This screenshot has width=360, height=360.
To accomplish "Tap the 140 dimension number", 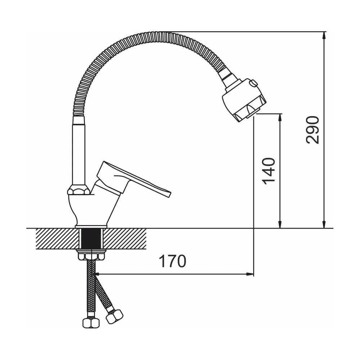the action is point(269,171).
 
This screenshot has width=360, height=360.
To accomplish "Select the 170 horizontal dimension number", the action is point(173,261).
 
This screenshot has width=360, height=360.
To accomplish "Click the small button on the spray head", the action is point(254,83).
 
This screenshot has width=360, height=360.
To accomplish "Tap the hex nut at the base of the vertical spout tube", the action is point(79,190).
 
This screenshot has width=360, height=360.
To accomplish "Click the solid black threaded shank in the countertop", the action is point(91,239).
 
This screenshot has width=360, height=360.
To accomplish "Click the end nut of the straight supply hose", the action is point(91,323).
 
